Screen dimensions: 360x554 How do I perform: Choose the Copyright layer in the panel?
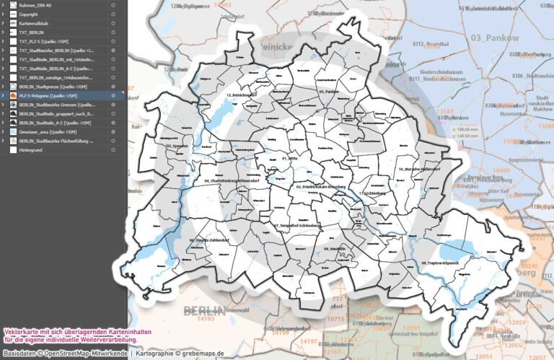tap(30, 14)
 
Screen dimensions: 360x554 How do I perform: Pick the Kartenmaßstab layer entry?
tap(33, 23)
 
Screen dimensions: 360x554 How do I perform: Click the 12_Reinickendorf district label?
tap(242, 95)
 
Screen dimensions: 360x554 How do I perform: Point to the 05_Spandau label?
tap(177, 146)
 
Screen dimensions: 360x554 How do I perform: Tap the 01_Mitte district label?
tap(290, 158)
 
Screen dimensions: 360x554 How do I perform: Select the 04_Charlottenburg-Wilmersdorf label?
tap(234, 180)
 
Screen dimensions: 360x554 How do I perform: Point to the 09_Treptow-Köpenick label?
tap(441, 264)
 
